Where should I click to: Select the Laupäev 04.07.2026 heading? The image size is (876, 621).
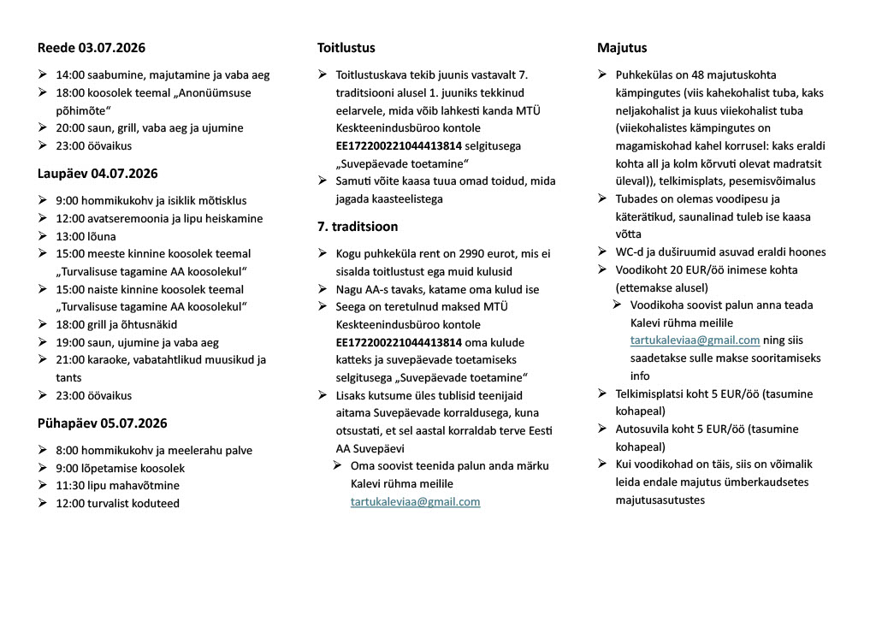pyautogui.click(x=98, y=174)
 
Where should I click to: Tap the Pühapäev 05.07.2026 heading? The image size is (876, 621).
pyautogui.click(x=102, y=423)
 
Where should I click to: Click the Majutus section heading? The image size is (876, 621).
pyautogui.click(x=622, y=48)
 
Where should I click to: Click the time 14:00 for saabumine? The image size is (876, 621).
pyautogui.click(x=69, y=75)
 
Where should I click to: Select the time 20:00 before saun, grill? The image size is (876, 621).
pyautogui.click(x=69, y=128)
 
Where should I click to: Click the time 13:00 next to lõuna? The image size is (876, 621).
pyautogui.click(x=69, y=236)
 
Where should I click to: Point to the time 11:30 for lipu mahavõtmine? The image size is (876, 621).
pyautogui.click(x=69, y=485)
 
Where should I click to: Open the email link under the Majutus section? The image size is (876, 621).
pyautogui.click(x=695, y=340)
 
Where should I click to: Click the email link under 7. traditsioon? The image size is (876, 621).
pyautogui.click(x=415, y=502)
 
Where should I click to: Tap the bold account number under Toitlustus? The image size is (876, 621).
pyautogui.click(x=399, y=146)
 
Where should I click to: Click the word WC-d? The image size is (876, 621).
pyautogui.click(x=630, y=251)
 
